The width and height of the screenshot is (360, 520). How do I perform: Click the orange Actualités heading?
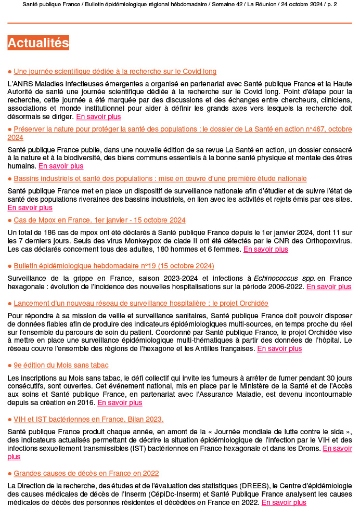[38, 43]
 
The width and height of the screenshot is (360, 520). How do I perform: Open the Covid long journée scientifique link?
[115, 71]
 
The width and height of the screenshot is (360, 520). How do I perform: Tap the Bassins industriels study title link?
[160, 178]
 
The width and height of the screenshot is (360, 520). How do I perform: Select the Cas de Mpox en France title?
[99, 220]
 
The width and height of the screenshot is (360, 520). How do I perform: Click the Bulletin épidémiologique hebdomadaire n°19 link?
[114, 266]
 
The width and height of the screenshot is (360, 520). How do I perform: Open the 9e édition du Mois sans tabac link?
[61, 366]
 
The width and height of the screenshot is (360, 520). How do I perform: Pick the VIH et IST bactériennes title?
[88, 419]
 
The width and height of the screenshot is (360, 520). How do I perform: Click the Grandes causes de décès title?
[86, 473]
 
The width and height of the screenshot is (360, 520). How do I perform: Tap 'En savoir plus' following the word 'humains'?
[61, 166]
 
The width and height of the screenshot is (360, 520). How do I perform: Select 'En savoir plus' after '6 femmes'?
[265, 249]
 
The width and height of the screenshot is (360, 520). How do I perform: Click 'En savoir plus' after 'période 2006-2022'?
[329, 287]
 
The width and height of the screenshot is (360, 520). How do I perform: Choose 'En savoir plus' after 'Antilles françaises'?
[279, 349]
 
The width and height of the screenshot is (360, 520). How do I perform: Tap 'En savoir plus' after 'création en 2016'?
[120, 402]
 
